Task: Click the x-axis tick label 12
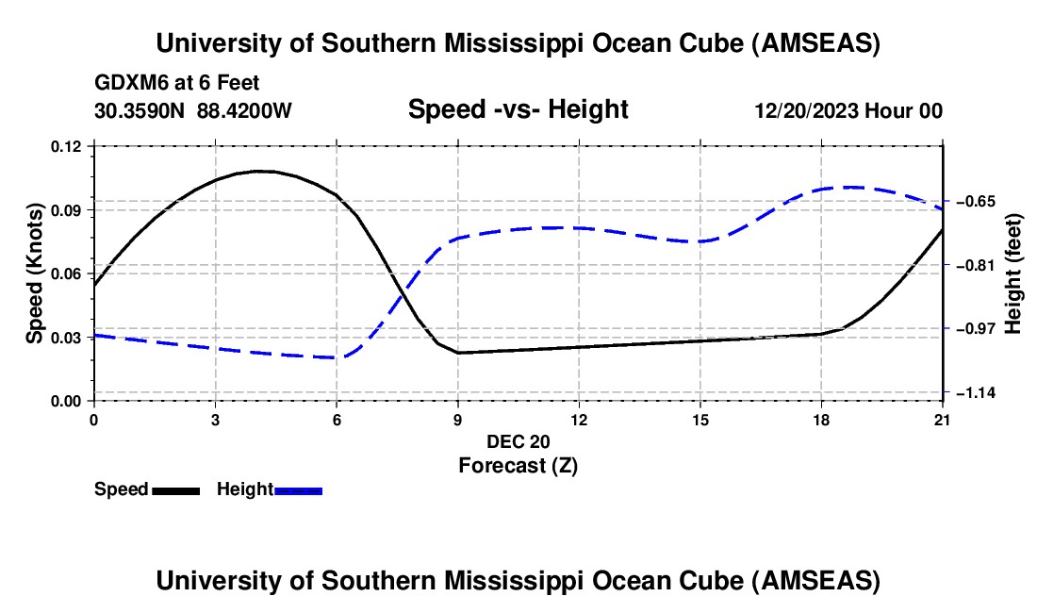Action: (579, 420)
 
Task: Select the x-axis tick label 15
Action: (700, 420)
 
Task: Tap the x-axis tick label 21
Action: (943, 420)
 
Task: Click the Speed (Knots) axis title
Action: (35, 273)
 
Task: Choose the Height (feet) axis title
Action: (1013, 273)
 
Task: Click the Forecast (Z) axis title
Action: (518, 465)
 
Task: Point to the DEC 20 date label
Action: (518, 441)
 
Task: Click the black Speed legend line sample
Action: (175, 490)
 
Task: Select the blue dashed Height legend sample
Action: (298, 490)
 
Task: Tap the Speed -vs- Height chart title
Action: (518, 110)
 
